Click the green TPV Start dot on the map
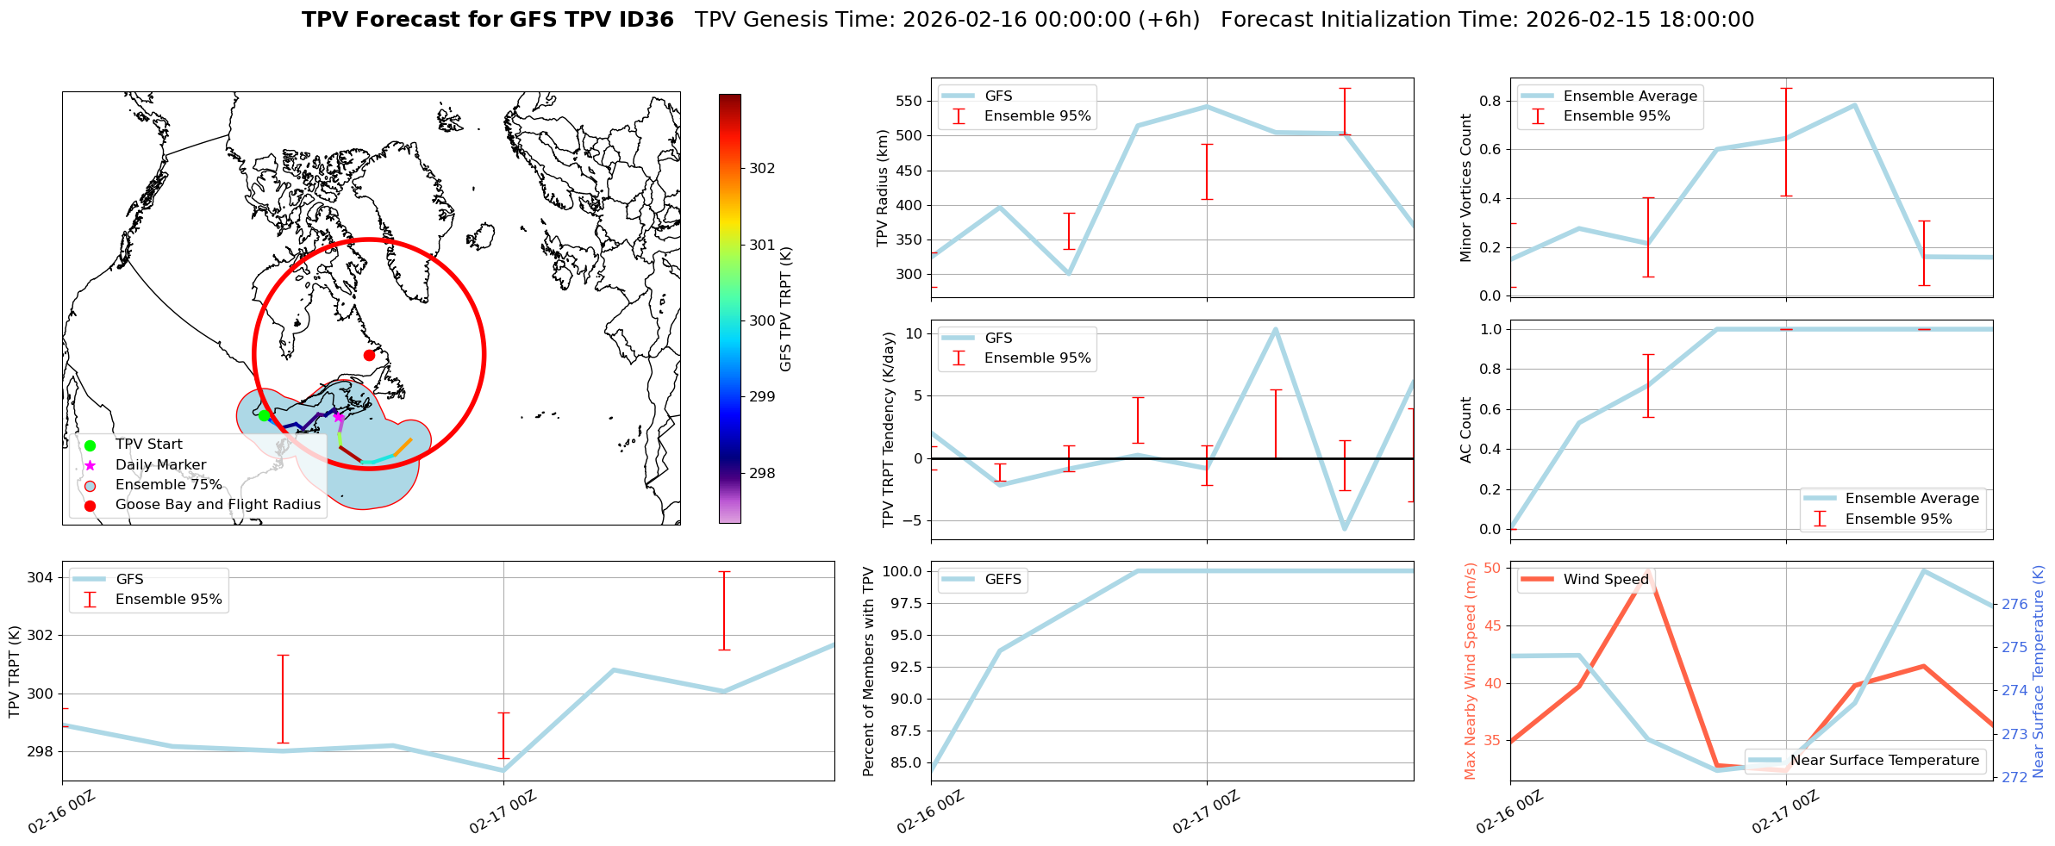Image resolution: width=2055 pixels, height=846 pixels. [264, 415]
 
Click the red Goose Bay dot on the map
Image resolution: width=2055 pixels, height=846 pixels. [369, 355]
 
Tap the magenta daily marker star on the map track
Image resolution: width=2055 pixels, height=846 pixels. [339, 418]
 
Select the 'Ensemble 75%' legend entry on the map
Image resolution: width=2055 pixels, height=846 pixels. [168, 485]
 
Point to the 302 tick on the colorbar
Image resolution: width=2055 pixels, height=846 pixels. [762, 169]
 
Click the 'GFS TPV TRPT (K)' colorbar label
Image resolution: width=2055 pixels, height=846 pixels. [785, 309]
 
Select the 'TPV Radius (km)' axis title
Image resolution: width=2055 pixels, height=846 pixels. [882, 188]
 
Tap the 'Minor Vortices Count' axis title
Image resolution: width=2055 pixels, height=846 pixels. [1466, 188]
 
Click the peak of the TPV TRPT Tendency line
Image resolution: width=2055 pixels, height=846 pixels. [1275, 329]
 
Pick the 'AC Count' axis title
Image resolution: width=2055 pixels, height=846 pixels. [1466, 430]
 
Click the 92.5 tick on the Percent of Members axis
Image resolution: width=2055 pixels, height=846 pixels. [906, 667]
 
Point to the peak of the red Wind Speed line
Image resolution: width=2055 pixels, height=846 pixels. [1648, 571]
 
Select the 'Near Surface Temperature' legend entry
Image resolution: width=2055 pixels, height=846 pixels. [1884, 761]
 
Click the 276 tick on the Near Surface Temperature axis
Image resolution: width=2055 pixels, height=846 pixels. [2014, 604]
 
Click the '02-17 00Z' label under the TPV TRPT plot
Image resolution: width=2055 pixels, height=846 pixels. [503, 812]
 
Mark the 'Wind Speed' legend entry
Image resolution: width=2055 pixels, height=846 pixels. [1605, 580]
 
